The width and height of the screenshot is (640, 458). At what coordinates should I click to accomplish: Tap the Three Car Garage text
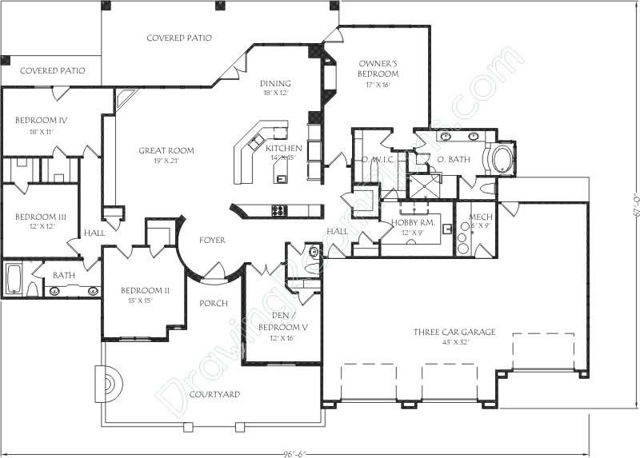coord(454,333)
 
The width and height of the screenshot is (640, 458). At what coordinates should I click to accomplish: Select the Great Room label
coord(166,150)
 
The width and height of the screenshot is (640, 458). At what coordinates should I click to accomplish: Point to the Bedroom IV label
coord(41,121)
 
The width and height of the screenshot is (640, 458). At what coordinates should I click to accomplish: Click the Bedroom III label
coord(40,217)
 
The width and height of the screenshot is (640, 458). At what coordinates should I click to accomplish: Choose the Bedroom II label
coord(145,290)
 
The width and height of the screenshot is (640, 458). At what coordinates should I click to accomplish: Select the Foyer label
coord(212,240)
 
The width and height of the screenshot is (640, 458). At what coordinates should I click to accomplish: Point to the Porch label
coord(214,303)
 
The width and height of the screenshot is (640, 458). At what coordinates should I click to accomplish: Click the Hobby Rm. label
coord(412,223)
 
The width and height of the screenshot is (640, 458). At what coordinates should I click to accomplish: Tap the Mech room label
coord(480,217)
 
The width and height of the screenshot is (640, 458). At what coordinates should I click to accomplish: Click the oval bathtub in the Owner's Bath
coord(503,158)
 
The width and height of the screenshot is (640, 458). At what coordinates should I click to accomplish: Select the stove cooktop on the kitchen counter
coord(279,211)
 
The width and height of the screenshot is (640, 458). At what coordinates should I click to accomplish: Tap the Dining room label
coord(275,83)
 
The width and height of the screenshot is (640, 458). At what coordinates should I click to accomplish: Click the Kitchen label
coord(283,149)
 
